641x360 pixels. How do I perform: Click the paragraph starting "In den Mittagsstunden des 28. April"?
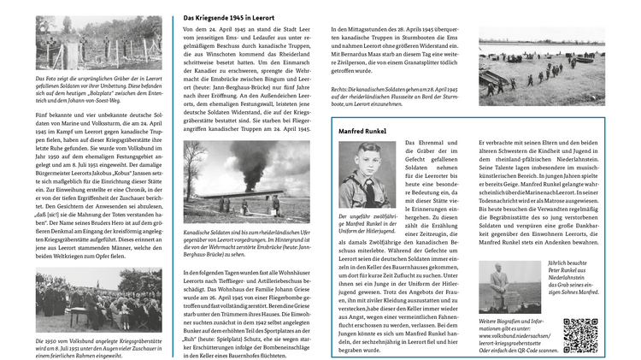click(395, 50)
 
